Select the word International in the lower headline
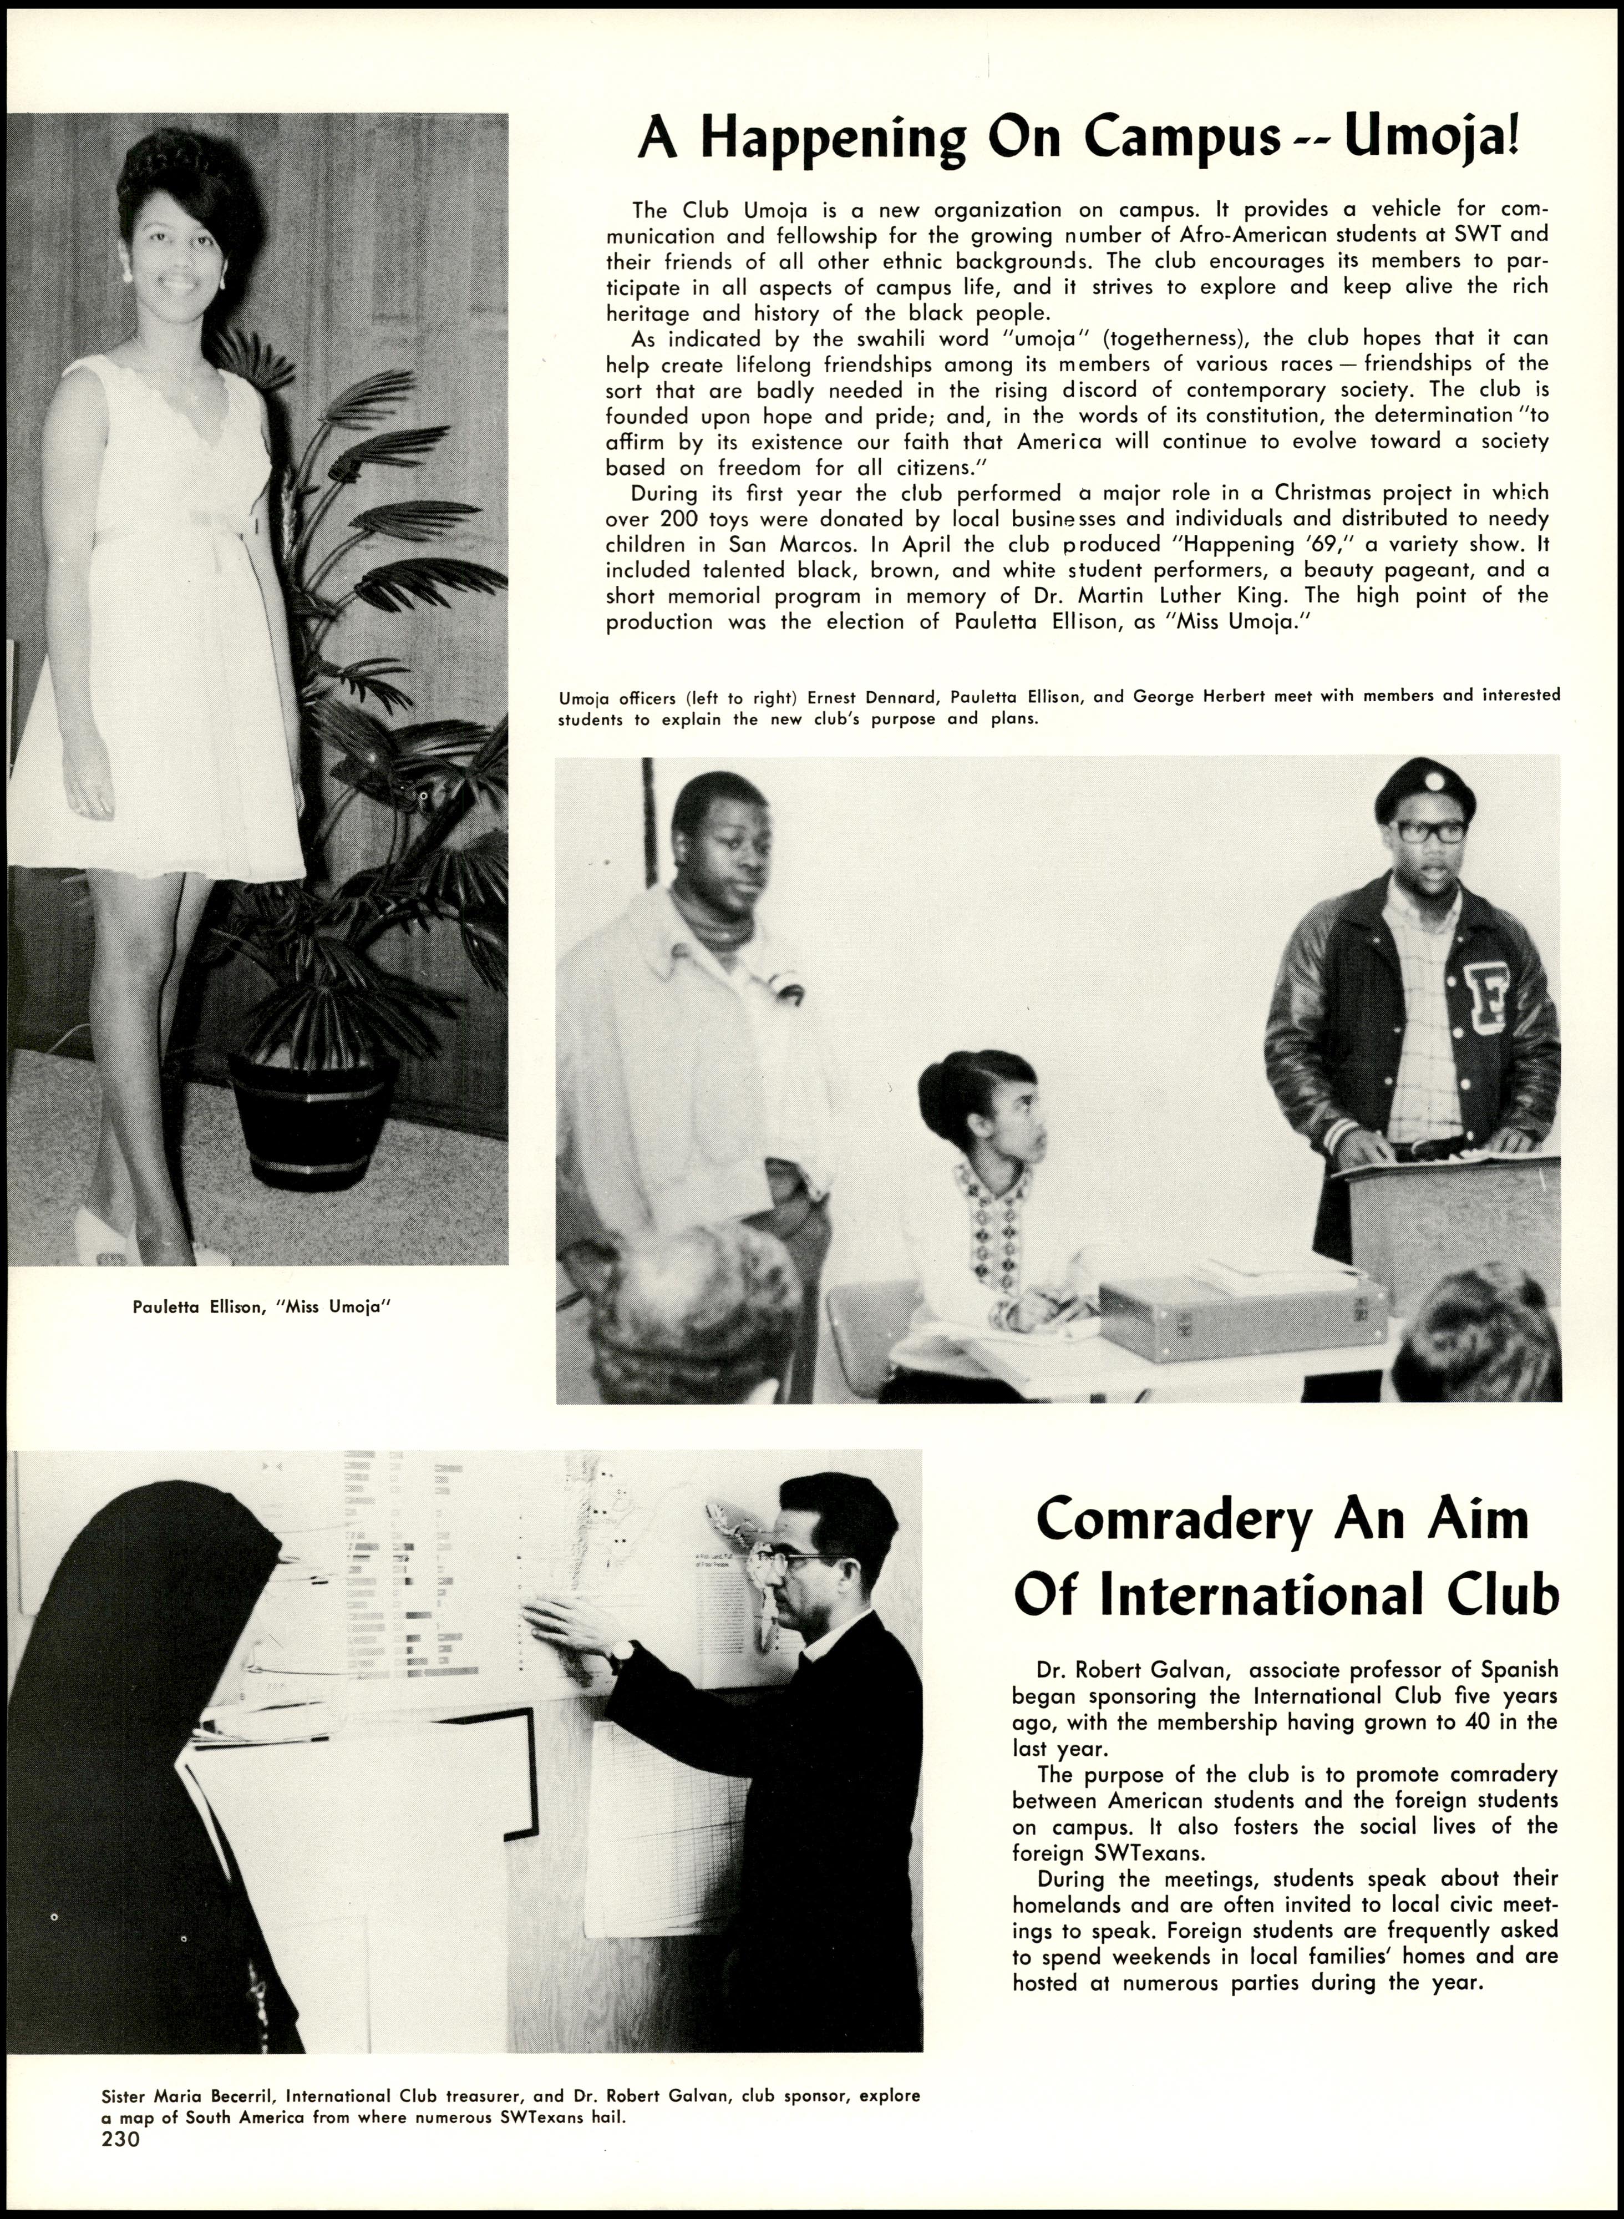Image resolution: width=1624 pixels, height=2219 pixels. click(1258, 1597)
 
